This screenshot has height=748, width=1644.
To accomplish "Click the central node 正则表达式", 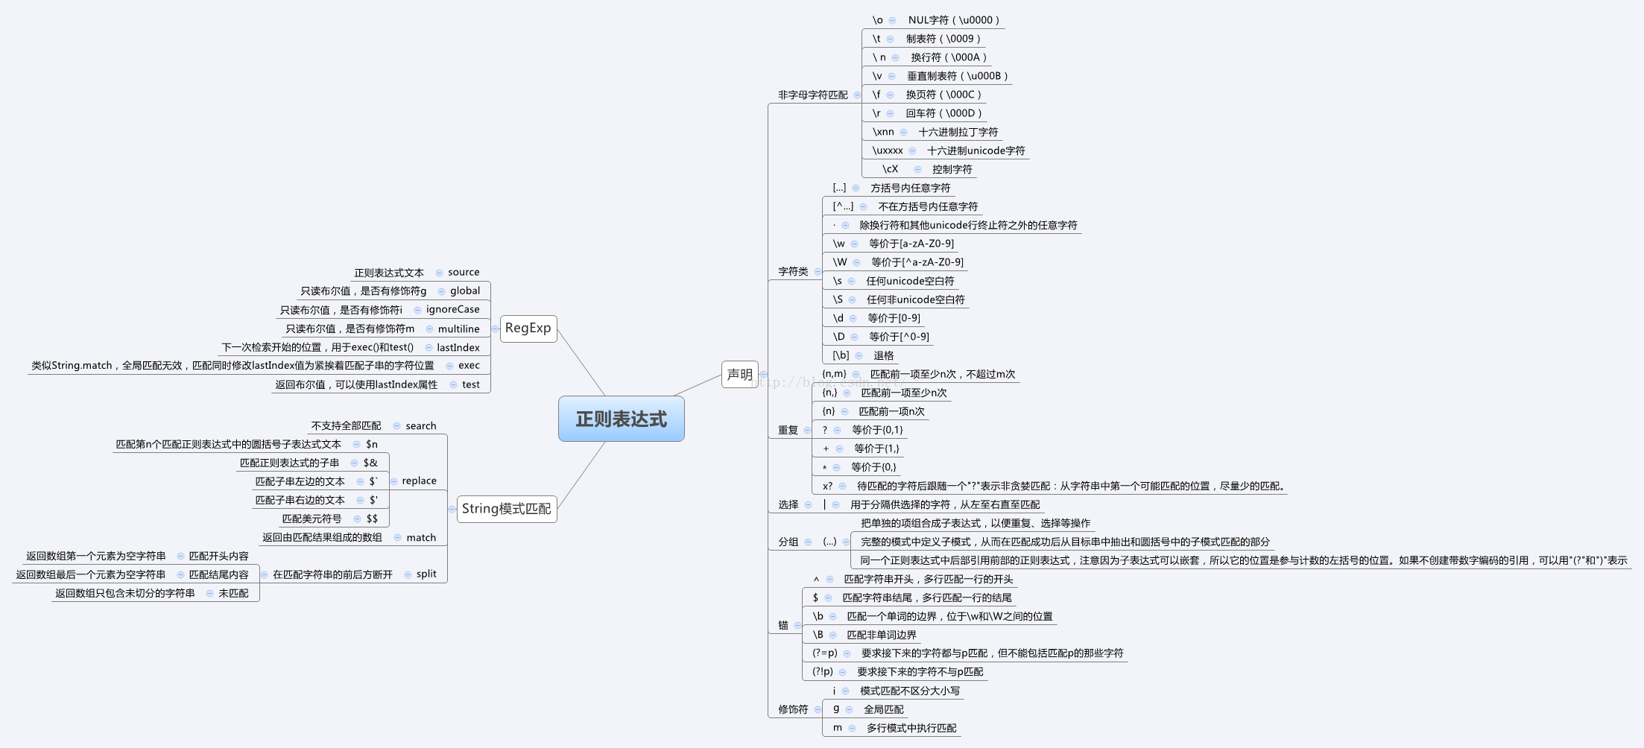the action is [622, 419].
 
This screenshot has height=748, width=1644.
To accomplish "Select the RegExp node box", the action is [528, 329].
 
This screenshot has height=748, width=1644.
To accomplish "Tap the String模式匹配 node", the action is [507, 509].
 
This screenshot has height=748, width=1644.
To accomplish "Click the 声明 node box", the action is [740, 374].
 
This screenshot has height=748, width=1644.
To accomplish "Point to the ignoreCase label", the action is [453, 310].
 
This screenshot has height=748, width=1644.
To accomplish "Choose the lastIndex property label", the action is [458, 347].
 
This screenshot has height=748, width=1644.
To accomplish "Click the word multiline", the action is [459, 329].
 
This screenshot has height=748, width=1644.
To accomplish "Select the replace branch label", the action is [420, 481].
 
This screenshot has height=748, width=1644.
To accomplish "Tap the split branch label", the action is [427, 574].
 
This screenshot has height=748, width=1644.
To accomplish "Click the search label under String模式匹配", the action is [421, 426].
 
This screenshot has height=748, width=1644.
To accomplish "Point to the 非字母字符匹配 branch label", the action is [813, 95].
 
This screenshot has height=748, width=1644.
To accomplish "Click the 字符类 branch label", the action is [793, 272].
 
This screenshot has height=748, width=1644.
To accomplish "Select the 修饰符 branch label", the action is [793, 709].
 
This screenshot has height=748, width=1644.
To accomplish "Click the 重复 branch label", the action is [788, 430].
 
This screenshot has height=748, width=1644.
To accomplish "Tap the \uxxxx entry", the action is [888, 150].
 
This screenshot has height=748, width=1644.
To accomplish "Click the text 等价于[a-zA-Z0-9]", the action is [911, 244].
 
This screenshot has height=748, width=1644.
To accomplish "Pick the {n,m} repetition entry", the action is [834, 374].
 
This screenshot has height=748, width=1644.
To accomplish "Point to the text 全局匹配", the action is [884, 709].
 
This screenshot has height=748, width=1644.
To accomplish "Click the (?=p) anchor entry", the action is [825, 653].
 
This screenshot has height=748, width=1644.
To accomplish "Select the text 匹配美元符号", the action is [312, 519].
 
